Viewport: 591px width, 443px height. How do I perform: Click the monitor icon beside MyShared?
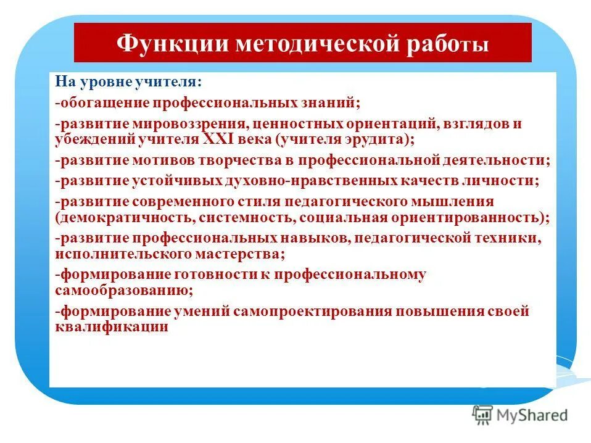click(482, 416)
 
